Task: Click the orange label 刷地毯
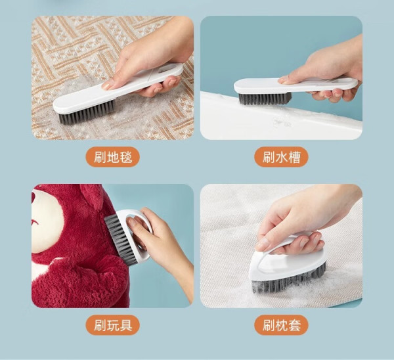113,158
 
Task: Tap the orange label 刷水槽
282,158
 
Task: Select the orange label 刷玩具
113,326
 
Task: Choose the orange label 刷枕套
282,326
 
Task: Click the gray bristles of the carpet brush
85,113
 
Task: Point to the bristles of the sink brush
265,99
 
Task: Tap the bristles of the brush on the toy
121,240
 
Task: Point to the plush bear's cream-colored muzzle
46,221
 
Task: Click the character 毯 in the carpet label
126,158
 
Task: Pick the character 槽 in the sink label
294,158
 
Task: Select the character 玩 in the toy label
113,326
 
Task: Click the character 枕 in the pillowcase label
282,326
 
